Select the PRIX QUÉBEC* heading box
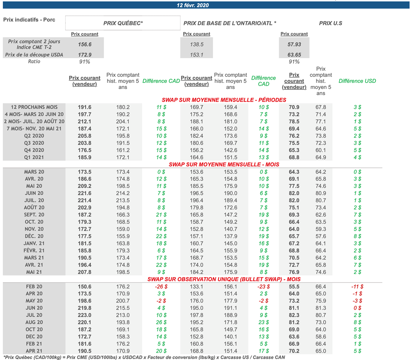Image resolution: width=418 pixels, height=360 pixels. tap(122, 23)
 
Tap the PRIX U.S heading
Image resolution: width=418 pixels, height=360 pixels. tap(330, 23)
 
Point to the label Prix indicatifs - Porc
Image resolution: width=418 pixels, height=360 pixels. tap(29, 20)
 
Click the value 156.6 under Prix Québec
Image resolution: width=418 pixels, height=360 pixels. tap(84, 44)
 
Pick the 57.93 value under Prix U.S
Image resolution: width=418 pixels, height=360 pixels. tap(294, 44)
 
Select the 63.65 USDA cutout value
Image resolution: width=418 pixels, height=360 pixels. tap(294, 55)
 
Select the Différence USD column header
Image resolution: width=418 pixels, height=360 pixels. tap(357, 81)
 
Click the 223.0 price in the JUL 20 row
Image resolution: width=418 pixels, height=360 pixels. tap(84, 315)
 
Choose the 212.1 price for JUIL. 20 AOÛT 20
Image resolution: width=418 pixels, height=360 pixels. tap(84, 122)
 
